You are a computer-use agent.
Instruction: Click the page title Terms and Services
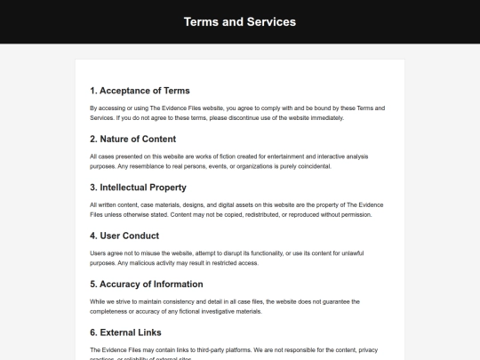tap(240, 21)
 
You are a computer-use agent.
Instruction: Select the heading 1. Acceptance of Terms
tap(140, 91)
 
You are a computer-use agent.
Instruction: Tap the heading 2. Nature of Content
tap(132, 139)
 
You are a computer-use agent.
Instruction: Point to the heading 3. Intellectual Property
tap(138, 188)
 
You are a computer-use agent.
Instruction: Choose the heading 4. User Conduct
tap(124, 236)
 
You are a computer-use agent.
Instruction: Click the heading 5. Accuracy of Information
tap(147, 284)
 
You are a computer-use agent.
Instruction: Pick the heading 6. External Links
tap(125, 332)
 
